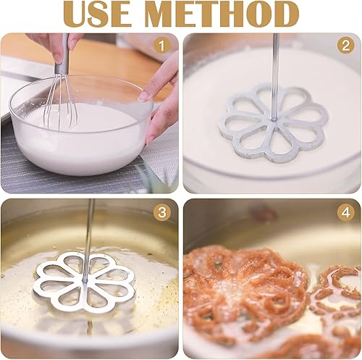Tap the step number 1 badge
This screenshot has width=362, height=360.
pos(162,46)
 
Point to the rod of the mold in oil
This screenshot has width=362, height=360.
pos(88,232)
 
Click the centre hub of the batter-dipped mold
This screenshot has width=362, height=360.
pos(273,120)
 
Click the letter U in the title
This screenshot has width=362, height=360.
pos(77,14)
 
